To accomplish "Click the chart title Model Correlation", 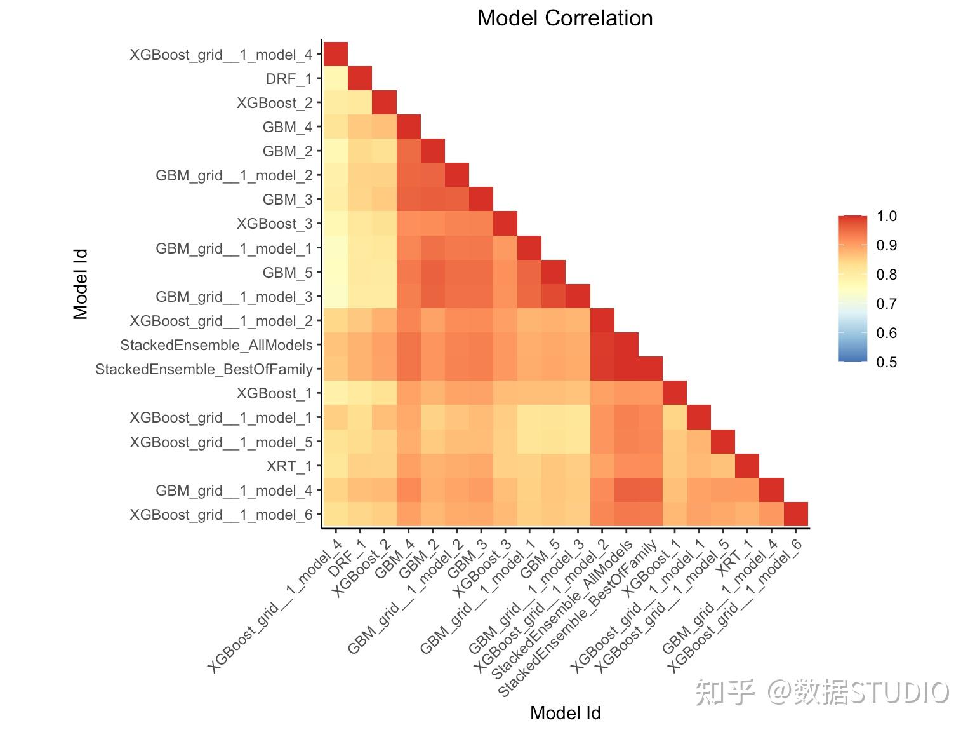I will (x=565, y=18).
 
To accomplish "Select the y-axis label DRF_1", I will (x=289, y=79).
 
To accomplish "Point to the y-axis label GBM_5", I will (x=288, y=273).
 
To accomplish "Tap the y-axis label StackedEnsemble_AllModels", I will (x=216, y=345).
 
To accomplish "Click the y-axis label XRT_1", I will (x=289, y=466).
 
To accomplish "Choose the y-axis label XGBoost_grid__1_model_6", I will (x=221, y=515).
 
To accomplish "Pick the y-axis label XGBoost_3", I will (x=275, y=224).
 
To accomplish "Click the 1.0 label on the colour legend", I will (x=886, y=216).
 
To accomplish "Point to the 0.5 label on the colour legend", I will (x=886, y=362).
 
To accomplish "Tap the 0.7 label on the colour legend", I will (x=886, y=304).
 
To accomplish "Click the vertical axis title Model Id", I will (x=81, y=284).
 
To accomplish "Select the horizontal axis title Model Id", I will (x=565, y=713).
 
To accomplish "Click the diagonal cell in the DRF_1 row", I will (x=360, y=78).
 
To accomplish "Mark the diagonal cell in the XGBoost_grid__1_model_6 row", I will (x=795, y=514).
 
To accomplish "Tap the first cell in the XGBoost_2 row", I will (x=336, y=102).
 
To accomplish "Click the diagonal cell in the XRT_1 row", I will (x=747, y=466).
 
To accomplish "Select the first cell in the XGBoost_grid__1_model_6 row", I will (x=336, y=514).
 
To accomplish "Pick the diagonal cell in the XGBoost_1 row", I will (x=674, y=393).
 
